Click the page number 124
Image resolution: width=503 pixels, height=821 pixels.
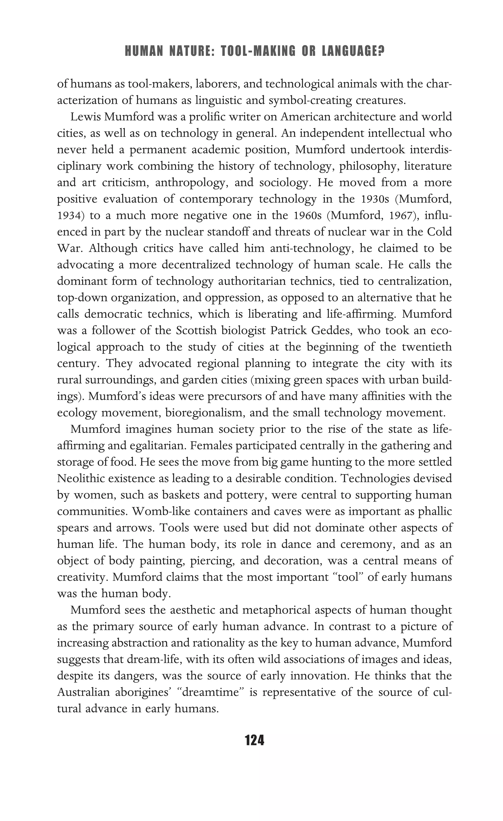coord(254,740)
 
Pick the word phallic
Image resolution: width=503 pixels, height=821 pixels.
coord(435,511)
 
